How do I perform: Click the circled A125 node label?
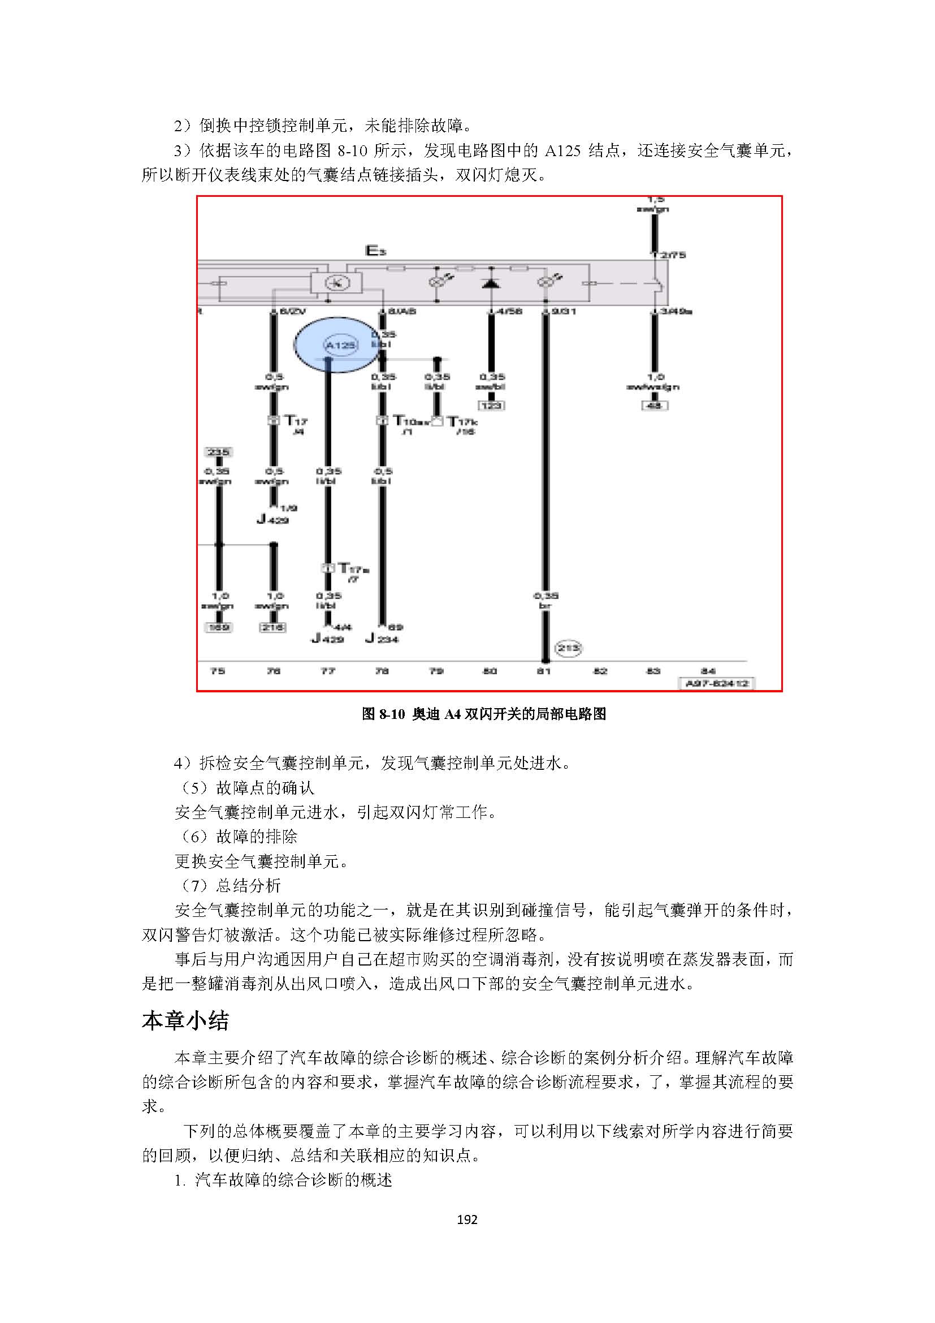coord(340,345)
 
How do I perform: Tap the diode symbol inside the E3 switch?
coord(491,283)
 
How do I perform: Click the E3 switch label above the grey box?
coord(375,251)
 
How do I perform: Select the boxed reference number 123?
coord(491,406)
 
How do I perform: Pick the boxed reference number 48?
coord(654,406)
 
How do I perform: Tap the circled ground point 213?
coord(568,648)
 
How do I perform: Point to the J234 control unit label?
coord(382,639)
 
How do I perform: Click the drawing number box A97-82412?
coord(717,683)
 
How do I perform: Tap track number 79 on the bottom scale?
coord(436,671)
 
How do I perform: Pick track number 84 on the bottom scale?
coord(708,671)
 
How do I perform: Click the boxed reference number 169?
coord(219,627)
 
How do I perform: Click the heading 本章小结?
coord(185,1020)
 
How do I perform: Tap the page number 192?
coord(467,1219)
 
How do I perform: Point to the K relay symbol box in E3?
coord(337,283)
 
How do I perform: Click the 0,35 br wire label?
coord(545,601)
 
